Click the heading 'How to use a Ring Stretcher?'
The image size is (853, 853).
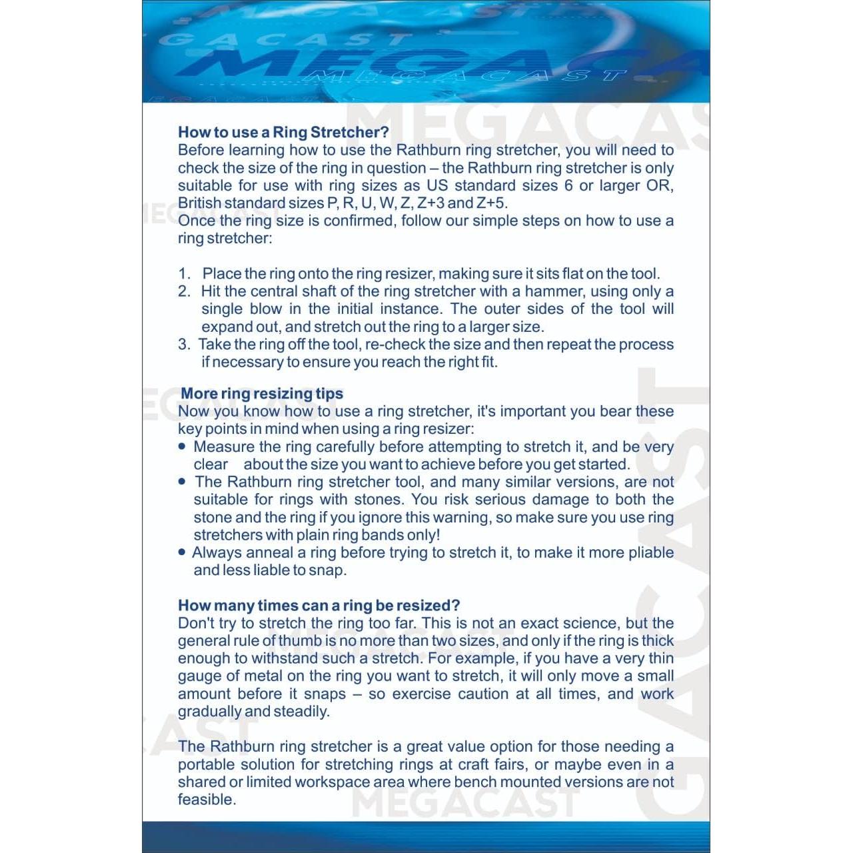pos(283,132)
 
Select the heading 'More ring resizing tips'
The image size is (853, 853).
pos(262,393)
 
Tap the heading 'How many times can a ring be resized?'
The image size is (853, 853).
pos(319,605)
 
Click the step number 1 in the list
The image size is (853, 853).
pos(184,274)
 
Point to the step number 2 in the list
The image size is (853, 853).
pos(184,291)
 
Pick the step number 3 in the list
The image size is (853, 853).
pos(184,345)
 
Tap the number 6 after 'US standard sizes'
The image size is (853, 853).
pos(568,185)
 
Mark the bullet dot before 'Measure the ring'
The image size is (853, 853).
pos(183,446)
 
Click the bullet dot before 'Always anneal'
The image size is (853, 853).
pos(183,552)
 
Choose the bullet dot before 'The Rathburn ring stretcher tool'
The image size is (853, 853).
pos(183,481)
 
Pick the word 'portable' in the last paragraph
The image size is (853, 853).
pos(207,764)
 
